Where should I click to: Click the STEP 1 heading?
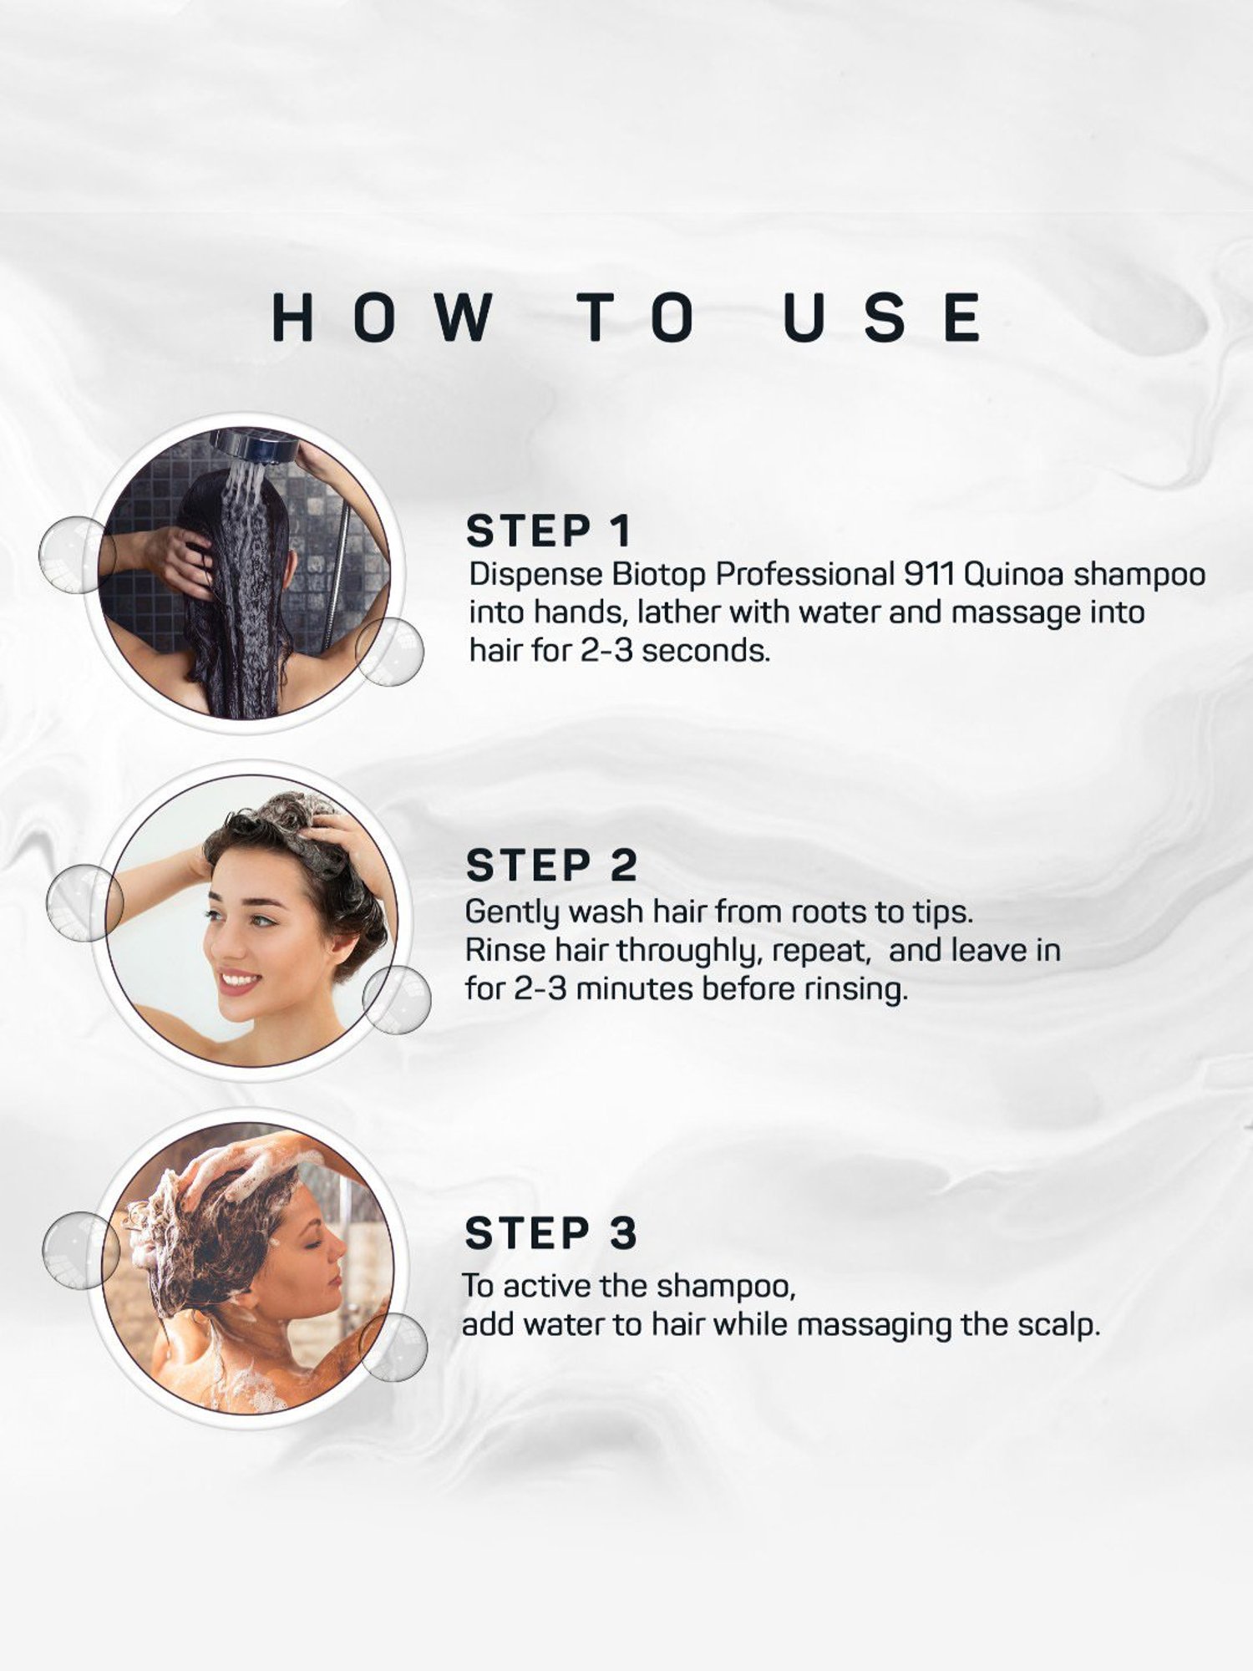tap(549, 531)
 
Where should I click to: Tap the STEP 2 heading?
tap(552, 865)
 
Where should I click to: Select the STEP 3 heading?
tap(551, 1233)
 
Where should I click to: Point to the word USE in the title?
tap(883, 317)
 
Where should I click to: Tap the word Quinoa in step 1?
tap(1014, 575)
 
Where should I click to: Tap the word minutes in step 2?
tap(635, 989)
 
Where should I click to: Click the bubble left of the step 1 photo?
tap(78, 555)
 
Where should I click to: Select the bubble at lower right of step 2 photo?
tap(397, 1000)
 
